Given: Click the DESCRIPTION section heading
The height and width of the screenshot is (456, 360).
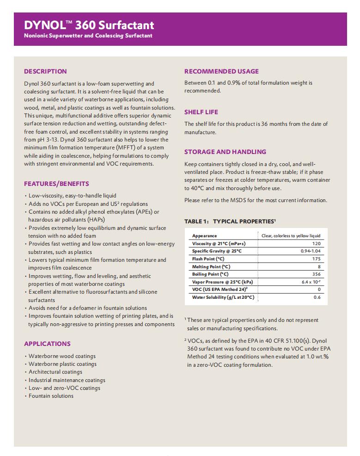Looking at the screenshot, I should [x=45, y=71].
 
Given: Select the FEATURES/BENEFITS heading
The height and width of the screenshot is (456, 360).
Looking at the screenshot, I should [x=56, y=184].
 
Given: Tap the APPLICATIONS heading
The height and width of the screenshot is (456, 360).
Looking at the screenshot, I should [x=47, y=344].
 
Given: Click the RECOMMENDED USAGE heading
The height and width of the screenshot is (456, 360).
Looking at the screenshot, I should [x=221, y=71].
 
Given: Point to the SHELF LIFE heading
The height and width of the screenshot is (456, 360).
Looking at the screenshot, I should [x=201, y=112].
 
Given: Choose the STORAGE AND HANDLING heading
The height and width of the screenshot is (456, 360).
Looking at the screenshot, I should [x=225, y=152].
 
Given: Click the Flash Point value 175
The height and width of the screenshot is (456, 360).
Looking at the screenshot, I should [x=316, y=259].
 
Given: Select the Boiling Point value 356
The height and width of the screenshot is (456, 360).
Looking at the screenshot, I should [x=316, y=274].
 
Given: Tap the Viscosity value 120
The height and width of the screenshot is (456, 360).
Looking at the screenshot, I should [x=316, y=243].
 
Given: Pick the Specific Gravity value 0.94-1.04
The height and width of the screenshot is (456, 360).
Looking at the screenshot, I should [x=311, y=251].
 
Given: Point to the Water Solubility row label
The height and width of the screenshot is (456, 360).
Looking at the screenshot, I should [x=223, y=297].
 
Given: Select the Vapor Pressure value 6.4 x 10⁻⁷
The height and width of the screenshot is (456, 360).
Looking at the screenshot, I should [x=311, y=282].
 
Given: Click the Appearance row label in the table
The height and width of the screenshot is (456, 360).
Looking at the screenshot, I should [x=204, y=236].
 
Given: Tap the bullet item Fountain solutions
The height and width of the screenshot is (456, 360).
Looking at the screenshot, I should [x=51, y=396].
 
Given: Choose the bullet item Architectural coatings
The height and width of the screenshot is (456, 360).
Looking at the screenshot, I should [x=55, y=372].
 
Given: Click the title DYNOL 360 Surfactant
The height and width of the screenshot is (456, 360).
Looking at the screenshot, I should [x=89, y=25].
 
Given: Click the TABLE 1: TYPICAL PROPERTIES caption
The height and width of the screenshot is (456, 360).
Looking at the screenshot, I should [x=230, y=222].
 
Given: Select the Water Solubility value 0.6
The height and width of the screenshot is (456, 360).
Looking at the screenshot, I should [x=317, y=297].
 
